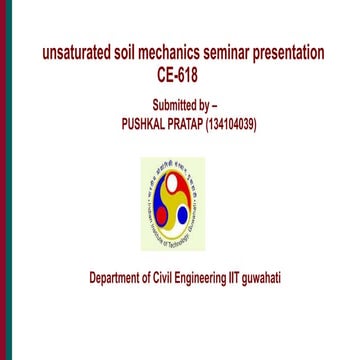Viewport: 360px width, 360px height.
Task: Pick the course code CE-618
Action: coord(180,75)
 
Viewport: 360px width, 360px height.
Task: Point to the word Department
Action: coord(113,277)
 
